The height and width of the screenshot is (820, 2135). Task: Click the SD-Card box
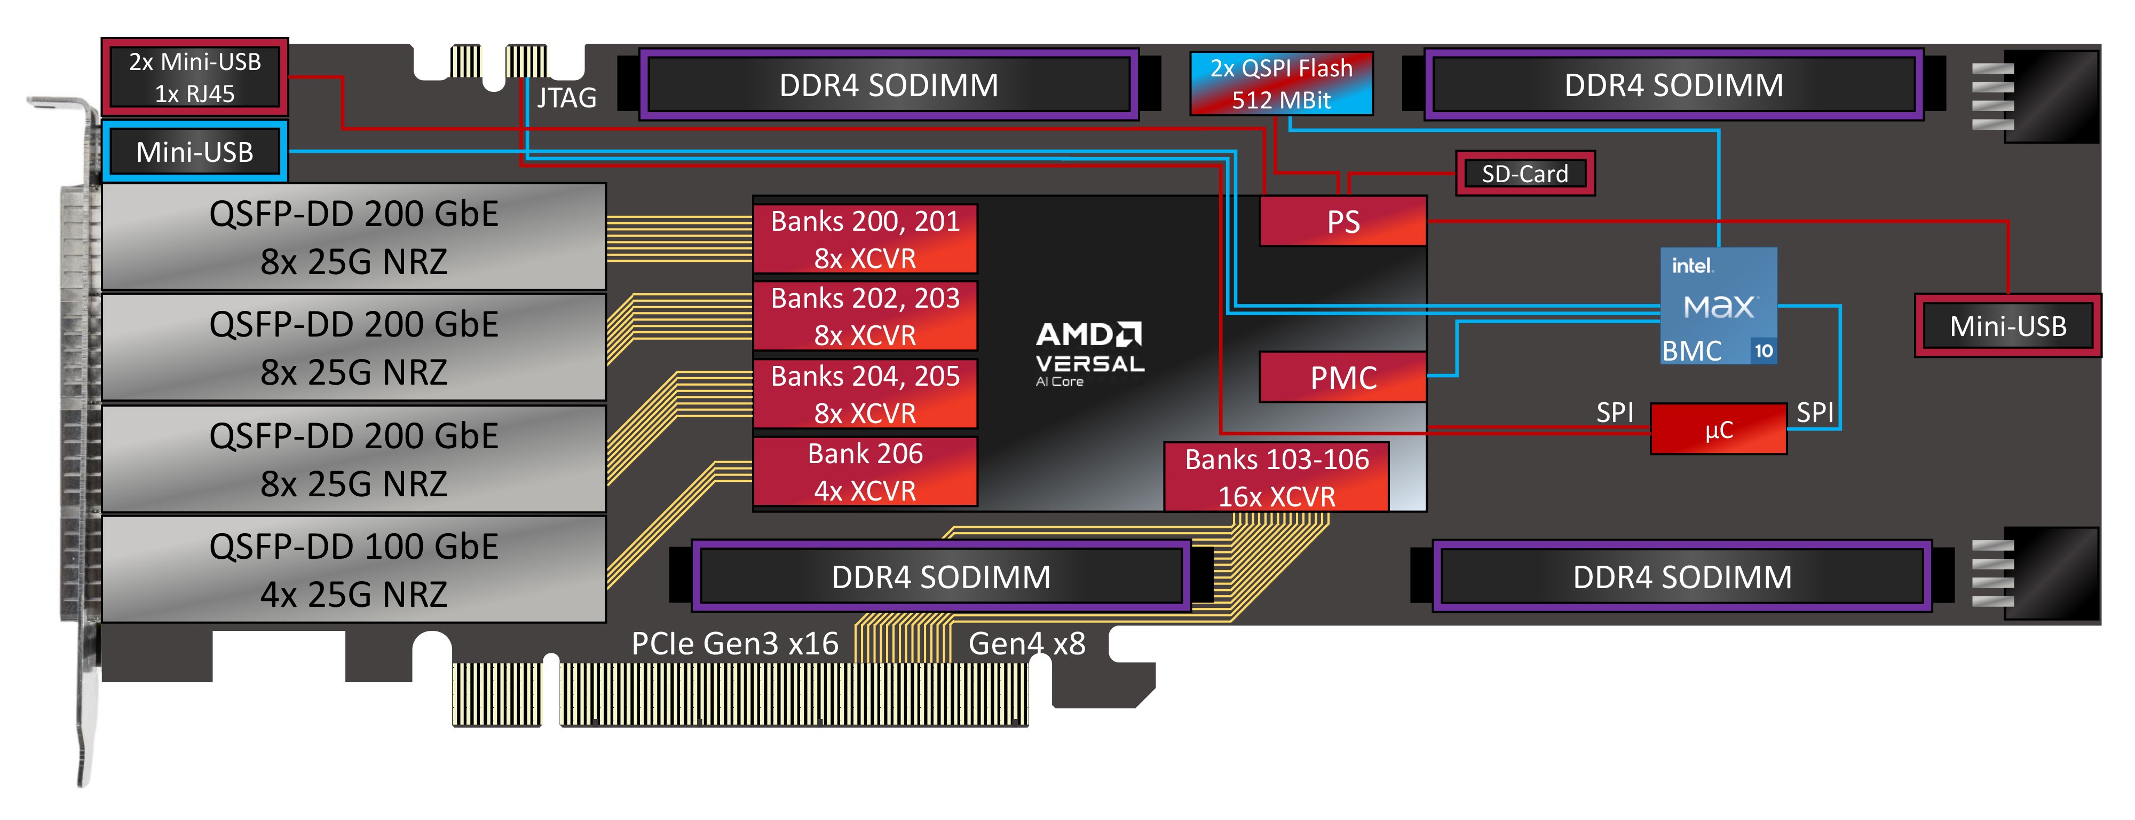[1524, 173]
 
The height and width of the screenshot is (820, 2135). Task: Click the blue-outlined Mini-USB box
[195, 152]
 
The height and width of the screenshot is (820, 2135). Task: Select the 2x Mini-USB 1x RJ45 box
[195, 77]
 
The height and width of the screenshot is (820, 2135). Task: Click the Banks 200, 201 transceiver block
[865, 239]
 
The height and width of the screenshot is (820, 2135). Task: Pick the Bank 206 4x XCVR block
[865, 471]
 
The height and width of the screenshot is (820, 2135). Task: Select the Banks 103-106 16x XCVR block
[1276, 477]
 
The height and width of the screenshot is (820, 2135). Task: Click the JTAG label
[567, 98]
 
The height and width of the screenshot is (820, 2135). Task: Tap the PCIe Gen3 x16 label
[734, 643]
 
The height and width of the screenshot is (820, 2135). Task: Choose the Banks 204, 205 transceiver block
[865, 394]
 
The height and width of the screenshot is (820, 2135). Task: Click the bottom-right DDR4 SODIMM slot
[1682, 576]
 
